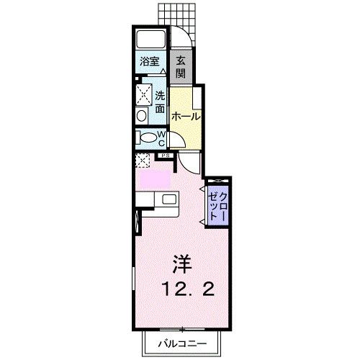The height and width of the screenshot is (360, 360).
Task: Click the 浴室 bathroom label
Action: (150, 62)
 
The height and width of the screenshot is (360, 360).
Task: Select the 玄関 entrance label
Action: (180, 67)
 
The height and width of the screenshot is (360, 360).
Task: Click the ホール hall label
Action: (185, 115)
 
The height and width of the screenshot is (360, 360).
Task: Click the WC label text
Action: (162, 138)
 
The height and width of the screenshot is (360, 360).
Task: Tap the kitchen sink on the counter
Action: (170, 200)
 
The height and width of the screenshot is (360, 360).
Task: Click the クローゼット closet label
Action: (218, 204)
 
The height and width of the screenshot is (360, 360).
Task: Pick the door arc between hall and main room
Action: (189, 163)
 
